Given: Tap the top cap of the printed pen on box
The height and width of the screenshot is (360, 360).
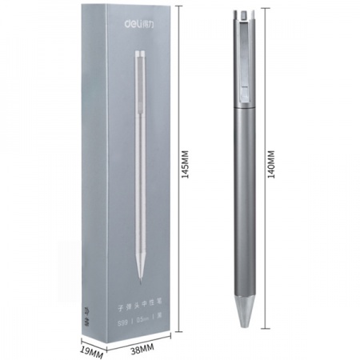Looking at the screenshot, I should tap(141, 55).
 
